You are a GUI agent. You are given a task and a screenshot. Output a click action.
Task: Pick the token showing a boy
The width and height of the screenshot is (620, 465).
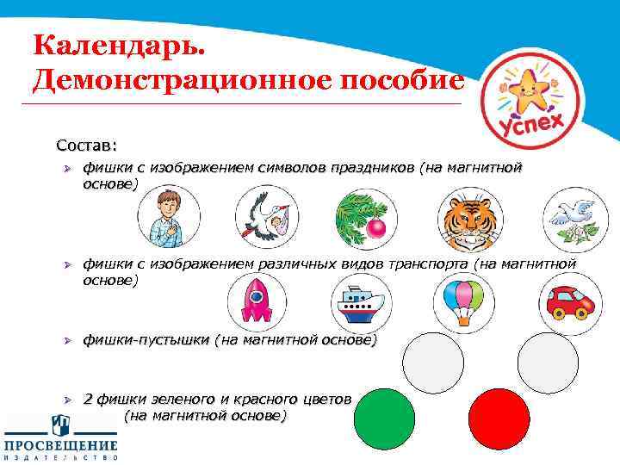[169, 217]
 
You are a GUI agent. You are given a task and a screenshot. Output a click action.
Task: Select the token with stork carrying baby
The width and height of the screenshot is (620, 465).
[266, 217]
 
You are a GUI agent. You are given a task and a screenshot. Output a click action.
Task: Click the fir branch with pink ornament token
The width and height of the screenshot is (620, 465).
[365, 217]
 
